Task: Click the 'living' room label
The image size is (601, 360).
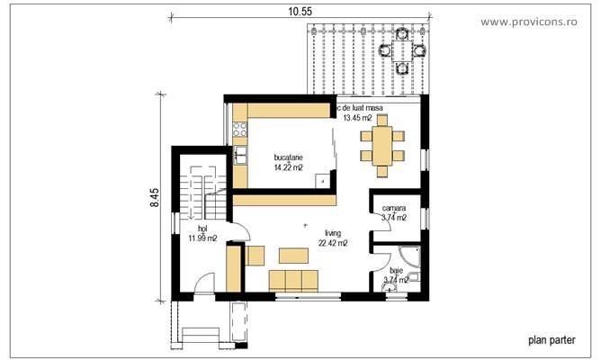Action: pyautogui.click(x=332, y=231)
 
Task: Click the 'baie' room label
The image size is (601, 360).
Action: pyautogui.click(x=396, y=269)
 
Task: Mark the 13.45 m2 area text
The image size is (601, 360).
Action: pyautogui.click(x=363, y=117)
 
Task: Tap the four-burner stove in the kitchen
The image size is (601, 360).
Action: pyautogui.click(x=241, y=130)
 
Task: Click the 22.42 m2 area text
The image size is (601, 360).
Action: pyautogui.click(x=332, y=241)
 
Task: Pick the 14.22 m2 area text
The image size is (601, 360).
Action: pyautogui.click(x=288, y=166)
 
